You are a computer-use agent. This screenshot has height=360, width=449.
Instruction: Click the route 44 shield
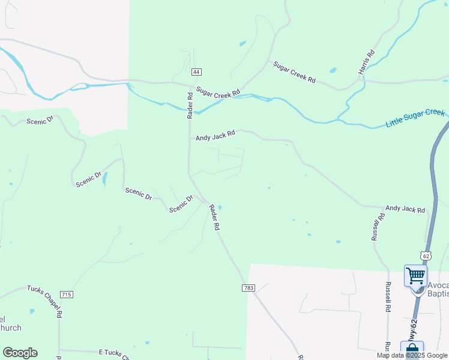[196, 72]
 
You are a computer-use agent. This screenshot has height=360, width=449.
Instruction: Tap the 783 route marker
[249, 289]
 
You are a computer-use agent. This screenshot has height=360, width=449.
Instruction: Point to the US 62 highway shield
[426, 256]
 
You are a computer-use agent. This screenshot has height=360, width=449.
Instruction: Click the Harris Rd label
[366, 62]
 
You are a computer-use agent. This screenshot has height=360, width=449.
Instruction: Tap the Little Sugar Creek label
[415, 118]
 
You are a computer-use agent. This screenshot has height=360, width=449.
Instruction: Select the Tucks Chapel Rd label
[44, 301]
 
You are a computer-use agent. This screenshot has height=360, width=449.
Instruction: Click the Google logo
[20, 353]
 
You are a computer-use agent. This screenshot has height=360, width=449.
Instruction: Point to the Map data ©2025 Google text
[412, 355]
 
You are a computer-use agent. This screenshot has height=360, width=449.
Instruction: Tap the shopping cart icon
[415, 276]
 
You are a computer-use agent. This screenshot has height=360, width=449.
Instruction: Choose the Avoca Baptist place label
[438, 289]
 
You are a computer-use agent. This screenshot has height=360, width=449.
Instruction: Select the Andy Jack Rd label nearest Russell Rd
[405, 209]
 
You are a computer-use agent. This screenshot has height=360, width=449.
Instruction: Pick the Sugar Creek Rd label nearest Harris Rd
[294, 72]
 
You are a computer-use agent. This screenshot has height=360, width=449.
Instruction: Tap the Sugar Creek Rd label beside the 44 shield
[218, 93]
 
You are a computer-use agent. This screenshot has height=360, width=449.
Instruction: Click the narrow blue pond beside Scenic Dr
[105, 179]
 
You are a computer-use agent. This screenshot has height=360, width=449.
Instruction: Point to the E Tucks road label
[114, 355]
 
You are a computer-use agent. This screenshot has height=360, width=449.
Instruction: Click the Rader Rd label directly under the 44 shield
[190, 103]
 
